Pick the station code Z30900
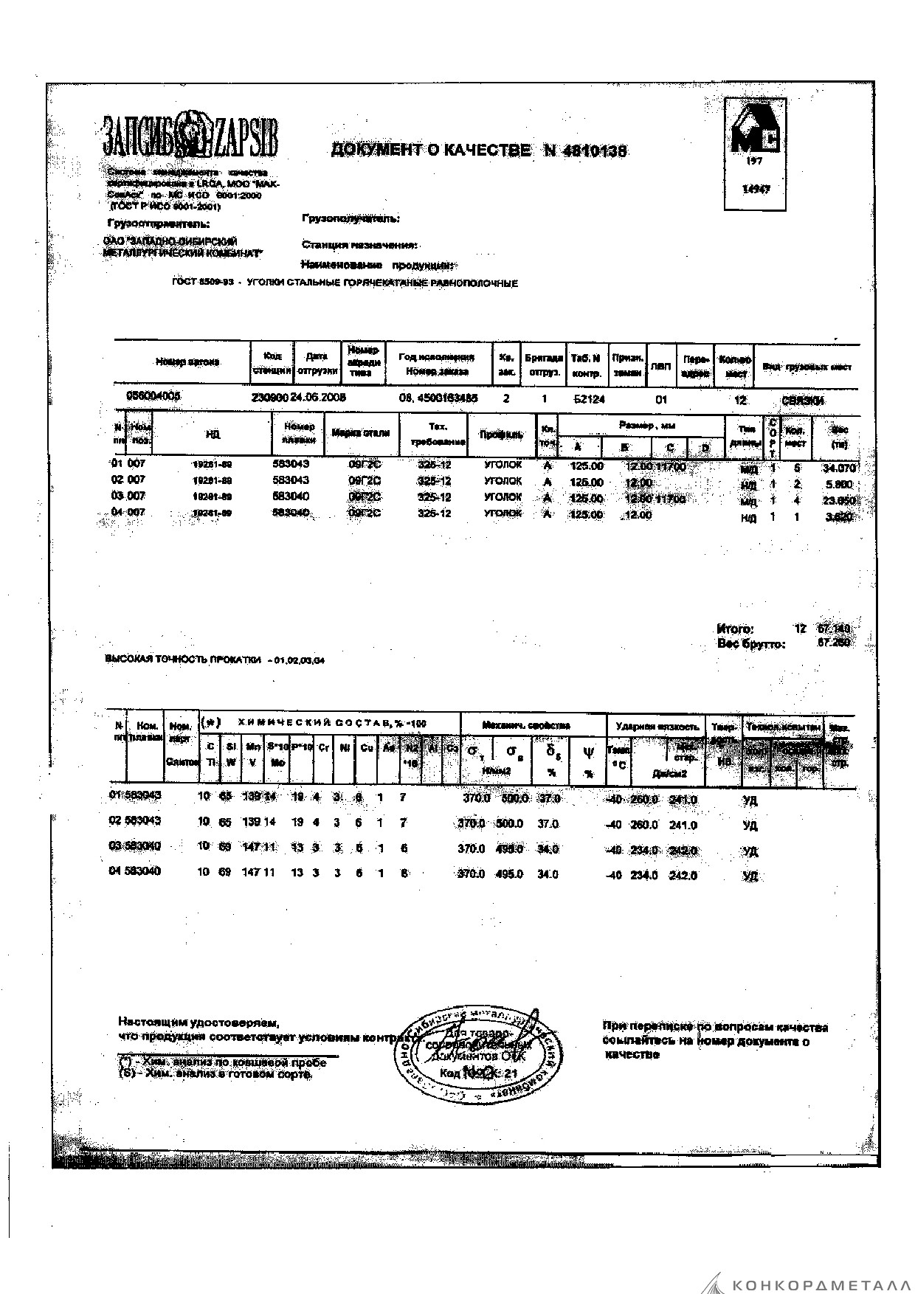point(270,397)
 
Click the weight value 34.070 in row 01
point(839,468)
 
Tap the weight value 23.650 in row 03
point(839,500)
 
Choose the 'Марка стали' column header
point(361,434)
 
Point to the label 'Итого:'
point(735,629)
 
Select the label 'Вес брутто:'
point(751,644)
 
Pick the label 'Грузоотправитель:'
point(158,224)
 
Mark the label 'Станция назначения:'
point(360,245)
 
